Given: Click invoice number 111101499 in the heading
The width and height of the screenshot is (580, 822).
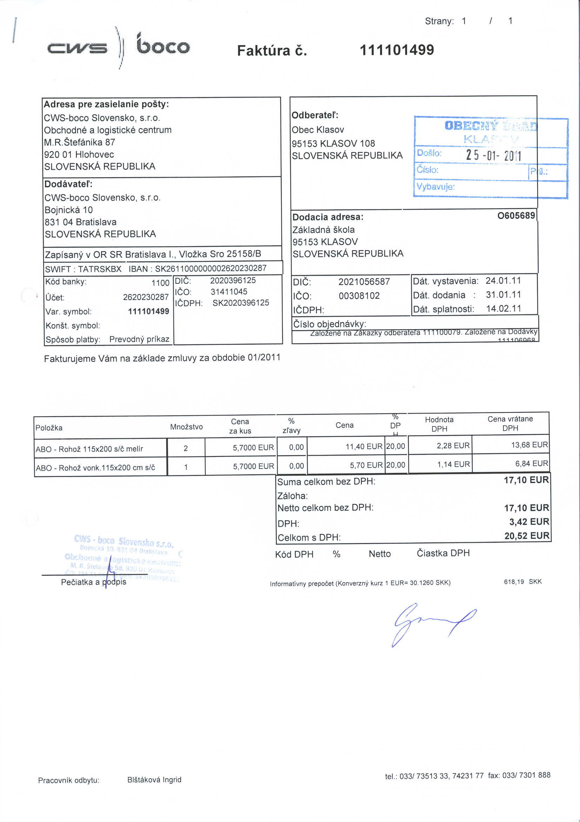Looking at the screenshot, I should pyautogui.click(x=396, y=50).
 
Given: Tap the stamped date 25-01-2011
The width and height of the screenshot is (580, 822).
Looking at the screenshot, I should pyautogui.click(x=493, y=155).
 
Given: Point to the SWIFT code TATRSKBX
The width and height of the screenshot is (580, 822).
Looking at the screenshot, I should pyautogui.click(x=100, y=269).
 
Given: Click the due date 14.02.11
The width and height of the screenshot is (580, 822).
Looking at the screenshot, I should pyautogui.click(x=504, y=309).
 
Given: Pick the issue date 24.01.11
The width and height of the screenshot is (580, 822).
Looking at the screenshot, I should pyautogui.click(x=503, y=281).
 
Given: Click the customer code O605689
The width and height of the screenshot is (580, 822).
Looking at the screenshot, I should pyautogui.click(x=516, y=216).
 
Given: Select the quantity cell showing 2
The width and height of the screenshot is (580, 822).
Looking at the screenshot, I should pyautogui.click(x=186, y=448).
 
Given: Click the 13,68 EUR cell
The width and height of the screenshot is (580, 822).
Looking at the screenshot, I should pyautogui.click(x=529, y=445).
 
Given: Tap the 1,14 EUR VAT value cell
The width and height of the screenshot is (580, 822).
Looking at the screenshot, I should pyautogui.click(x=453, y=464).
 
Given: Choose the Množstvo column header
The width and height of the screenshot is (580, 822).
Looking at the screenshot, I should pyautogui.click(x=186, y=427).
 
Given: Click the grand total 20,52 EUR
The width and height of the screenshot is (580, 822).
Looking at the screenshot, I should pyautogui.click(x=526, y=536).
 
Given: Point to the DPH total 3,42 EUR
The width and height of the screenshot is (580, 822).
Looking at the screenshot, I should pyautogui.click(x=529, y=522).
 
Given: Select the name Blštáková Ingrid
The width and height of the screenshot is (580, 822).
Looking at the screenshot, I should pyautogui.click(x=154, y=779).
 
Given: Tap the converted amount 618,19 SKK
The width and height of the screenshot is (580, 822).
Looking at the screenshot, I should pyautogui.click(x=523, y=582).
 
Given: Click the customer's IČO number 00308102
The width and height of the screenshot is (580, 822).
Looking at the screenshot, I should pyautogui.click(x=359, y=296).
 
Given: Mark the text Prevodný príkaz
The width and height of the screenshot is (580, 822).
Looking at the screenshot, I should pyautogui.click(x=139, y=339).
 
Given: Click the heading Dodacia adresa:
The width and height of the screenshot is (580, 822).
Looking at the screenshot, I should pyautogui.click(x=328, y=217).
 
